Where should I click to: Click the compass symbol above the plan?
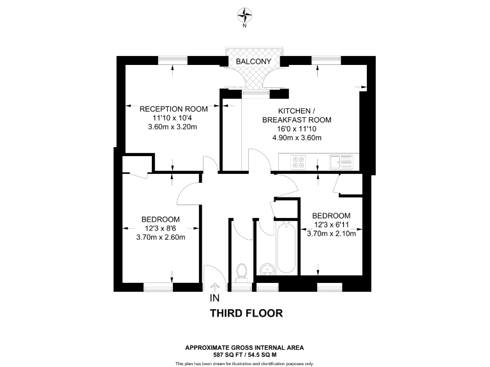point(245,14)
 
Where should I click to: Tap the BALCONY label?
point(254,61)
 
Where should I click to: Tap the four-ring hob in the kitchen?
point(299,162)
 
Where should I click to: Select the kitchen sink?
point(343,162)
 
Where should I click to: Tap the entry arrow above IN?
point(214,287)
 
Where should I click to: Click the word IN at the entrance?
point(214,298)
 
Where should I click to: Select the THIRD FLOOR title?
point(246,313)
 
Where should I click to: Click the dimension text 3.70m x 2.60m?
point(161,238)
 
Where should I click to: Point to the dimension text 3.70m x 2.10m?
point(332,233)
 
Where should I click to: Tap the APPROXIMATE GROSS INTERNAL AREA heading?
point(245,347)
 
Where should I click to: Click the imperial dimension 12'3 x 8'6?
point(161,229)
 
